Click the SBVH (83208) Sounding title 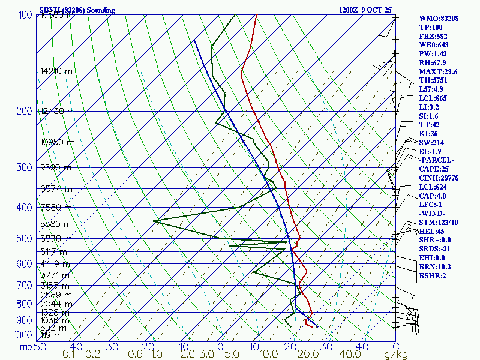point(77,10)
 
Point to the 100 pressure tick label point(26,15)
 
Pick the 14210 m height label point(56,71)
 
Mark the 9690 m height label point(56,167)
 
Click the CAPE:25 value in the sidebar point(434,169)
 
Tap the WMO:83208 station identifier point(439,19)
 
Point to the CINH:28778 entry point(439,178)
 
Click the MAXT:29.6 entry point(439,72)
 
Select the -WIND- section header point(433,214)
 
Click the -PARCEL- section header point(436,160)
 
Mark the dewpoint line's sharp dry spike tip point(154,221)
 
